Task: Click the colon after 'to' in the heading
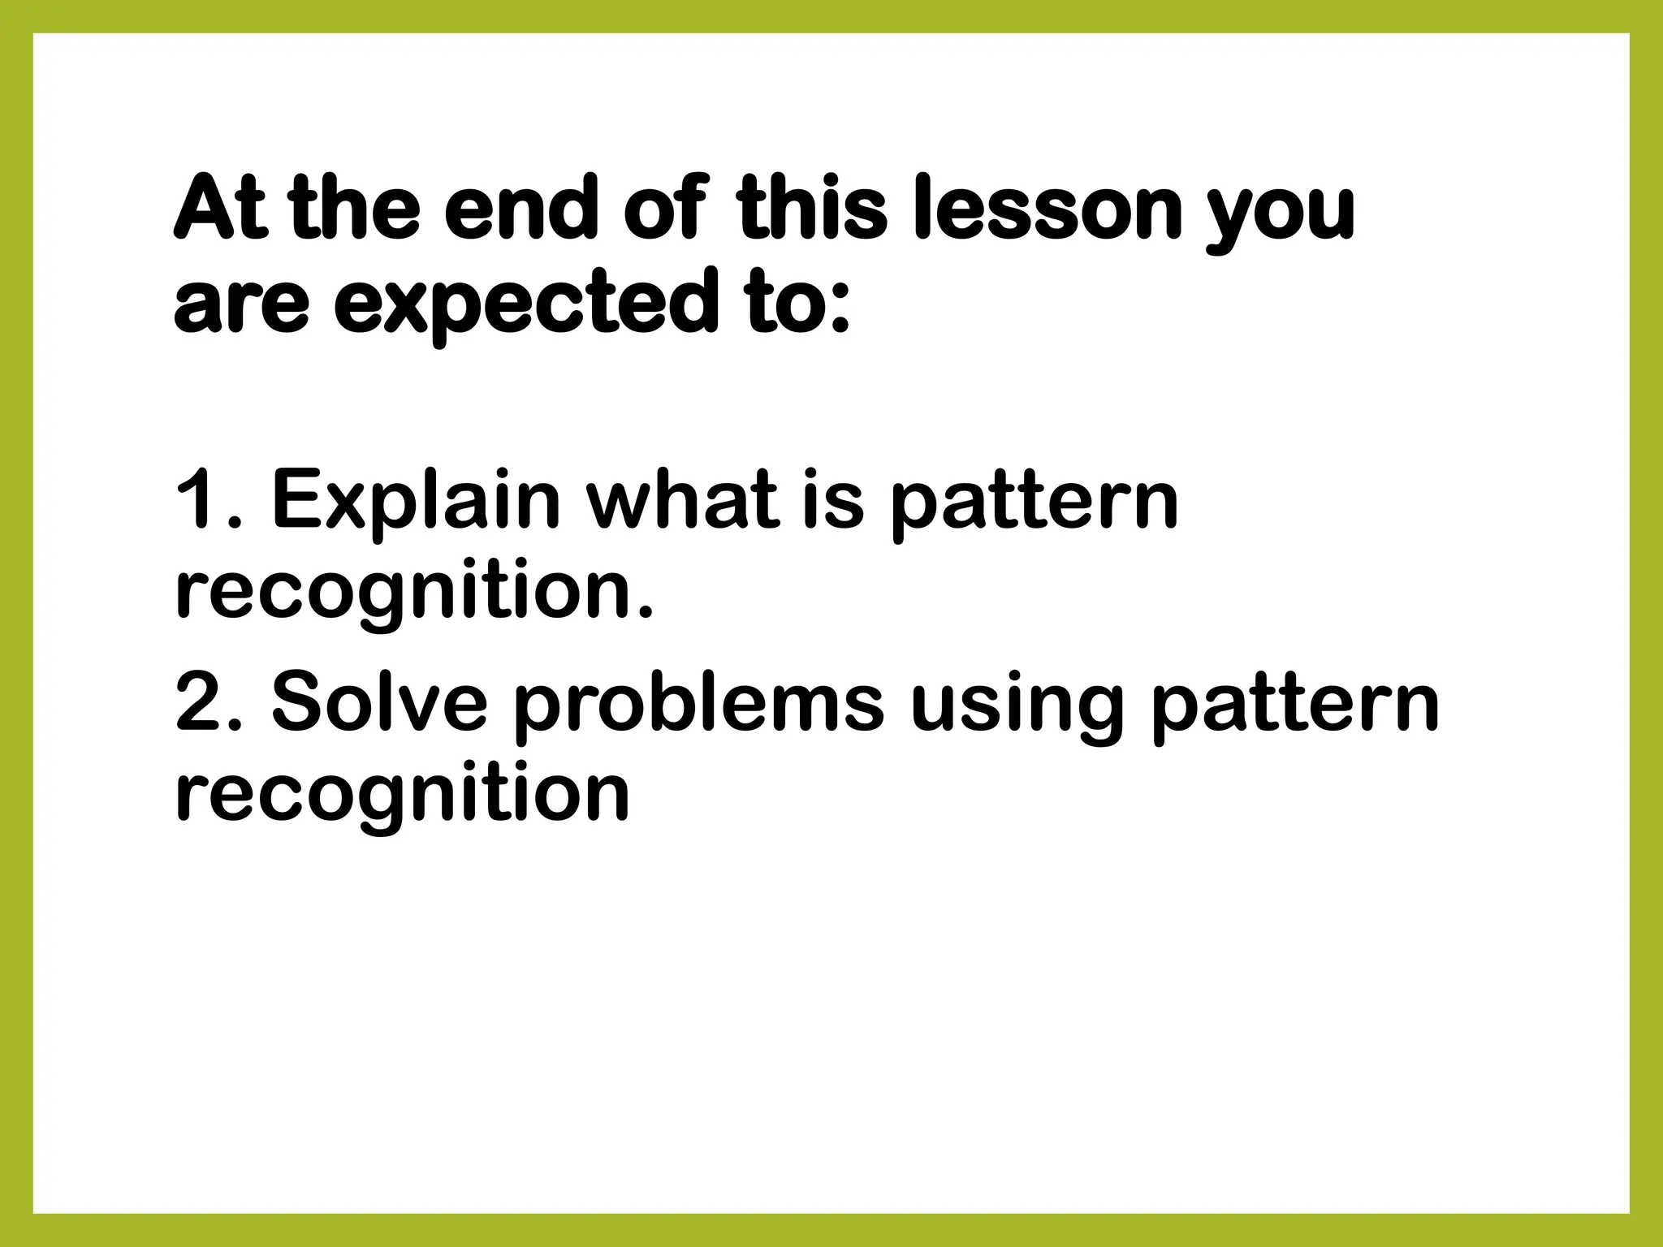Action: (x=841, y=312)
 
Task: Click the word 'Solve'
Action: (x=378, y=701)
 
